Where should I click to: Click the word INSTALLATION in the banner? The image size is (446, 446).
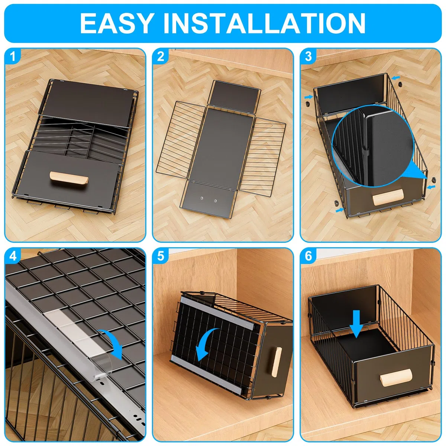[x=264, y=23]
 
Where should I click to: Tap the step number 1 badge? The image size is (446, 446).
[x=13, y=56]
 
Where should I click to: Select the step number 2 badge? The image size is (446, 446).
[x=161, y=56]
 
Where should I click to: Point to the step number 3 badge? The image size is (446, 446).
[x=308, y=56]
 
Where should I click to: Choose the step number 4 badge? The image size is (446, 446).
[x=13, y=256]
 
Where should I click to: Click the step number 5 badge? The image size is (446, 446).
[x=161, y=256]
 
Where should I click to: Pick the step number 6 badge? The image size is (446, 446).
[x=308, y=256]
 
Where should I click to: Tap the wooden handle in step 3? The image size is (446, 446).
[x=388, y=197]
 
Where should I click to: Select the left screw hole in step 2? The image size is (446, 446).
[x=202, y=198]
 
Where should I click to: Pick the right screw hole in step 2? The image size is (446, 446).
[x=216, y=201]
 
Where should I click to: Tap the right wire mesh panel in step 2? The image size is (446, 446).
[x=263, y=157]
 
